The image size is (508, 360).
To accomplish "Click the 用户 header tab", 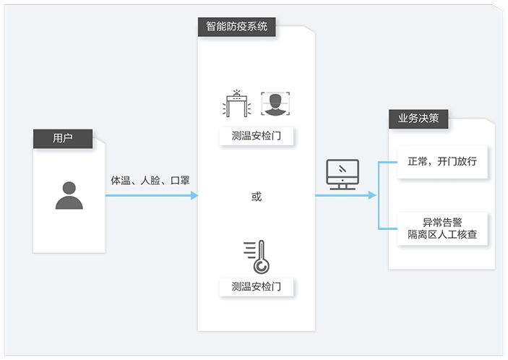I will point(63,137).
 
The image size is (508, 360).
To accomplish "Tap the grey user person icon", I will point(69,194).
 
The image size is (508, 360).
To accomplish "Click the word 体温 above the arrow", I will point(120,180).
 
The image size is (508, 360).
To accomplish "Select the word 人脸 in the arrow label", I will point(150,180).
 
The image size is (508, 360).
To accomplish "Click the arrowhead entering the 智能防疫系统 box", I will point(194,195).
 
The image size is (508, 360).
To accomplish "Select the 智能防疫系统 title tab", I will point(236,27).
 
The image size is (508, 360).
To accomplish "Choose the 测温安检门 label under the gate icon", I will point(257,136).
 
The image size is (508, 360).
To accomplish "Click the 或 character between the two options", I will point(257,197).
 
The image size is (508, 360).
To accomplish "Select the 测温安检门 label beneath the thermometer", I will point(257,287).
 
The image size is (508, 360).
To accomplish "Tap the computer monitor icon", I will point(343,174).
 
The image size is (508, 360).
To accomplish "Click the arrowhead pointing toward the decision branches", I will point(372,195).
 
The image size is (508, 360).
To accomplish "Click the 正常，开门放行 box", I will point(442,161).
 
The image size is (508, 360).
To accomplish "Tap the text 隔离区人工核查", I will point(442,236).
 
